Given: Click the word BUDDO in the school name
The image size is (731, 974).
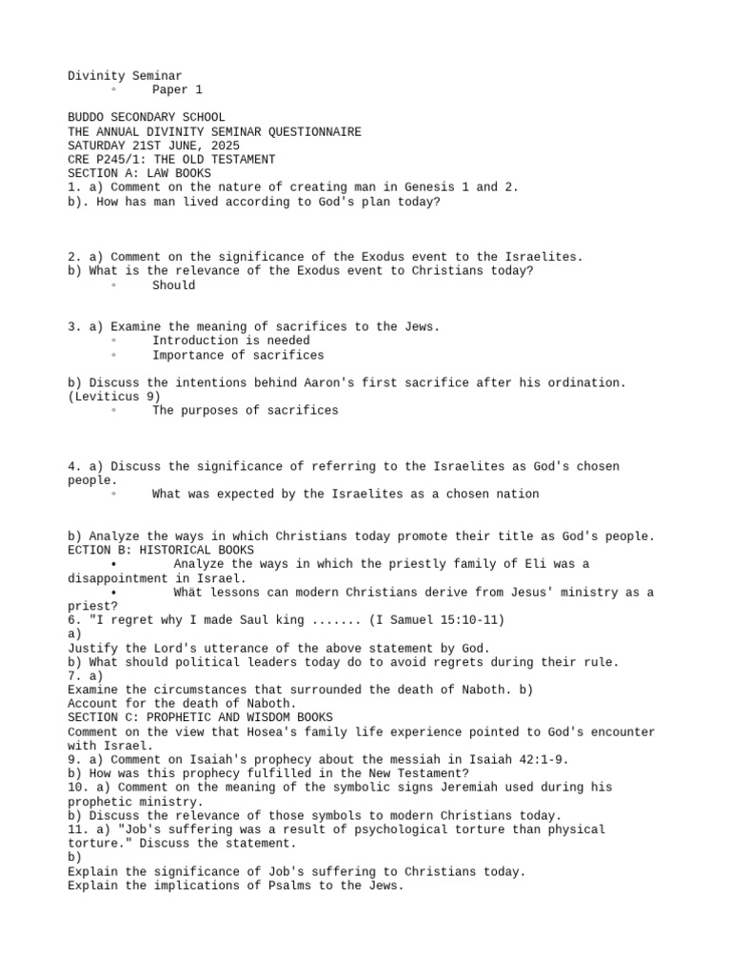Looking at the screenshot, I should point(89,118).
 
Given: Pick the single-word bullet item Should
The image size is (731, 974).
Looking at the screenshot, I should point(174,285).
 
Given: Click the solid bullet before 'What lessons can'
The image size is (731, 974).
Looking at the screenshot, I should point(113,593).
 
